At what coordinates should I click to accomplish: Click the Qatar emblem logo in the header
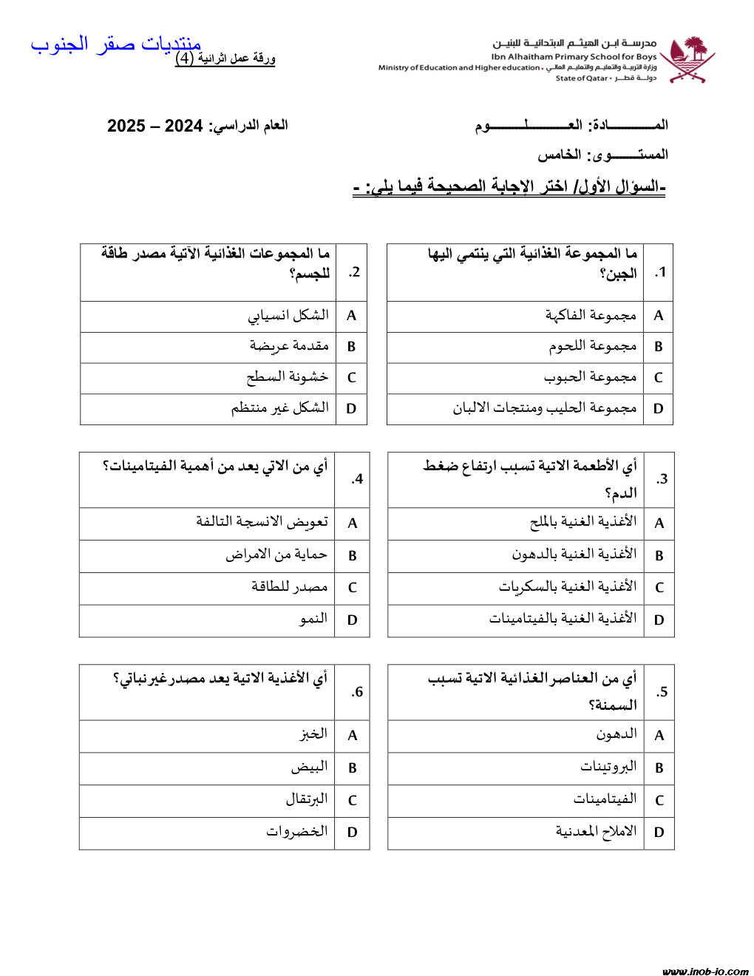[x=687, y=59]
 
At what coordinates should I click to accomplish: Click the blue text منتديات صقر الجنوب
[x=116, y=44]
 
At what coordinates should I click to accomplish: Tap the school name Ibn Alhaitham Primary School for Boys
[x=574, y=56]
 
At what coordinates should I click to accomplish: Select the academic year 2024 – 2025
[x=154, y=126]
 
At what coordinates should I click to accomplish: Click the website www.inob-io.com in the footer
[x=705, y=970]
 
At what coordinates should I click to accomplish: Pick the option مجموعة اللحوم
[x=592, y=346]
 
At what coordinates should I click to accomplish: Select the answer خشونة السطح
[x=287, y=377]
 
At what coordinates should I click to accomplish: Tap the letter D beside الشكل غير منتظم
[x=351, y=408]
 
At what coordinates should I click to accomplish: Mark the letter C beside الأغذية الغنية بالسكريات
[x=659, y=588]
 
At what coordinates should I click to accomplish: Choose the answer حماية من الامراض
[x=276, y=555]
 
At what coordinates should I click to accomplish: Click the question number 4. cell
[x=357, y=479]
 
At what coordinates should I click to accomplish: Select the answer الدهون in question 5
[x=617, y=734]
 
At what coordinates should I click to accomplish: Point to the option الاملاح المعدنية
[x=596, y=831]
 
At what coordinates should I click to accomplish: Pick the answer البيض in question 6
[x=309, y=767]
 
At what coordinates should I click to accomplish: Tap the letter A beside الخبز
[x=352, y=735]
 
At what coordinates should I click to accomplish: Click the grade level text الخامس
[x=560, y=155]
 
